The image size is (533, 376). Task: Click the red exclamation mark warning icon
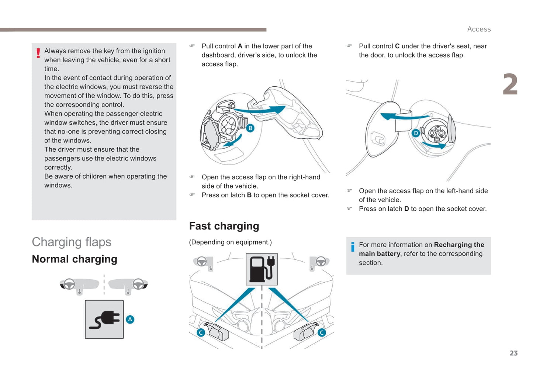pyautogui.click(x=38, y=53)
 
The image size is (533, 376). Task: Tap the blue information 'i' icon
pyautogui.click(x=353, y=246)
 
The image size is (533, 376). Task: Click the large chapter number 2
pyautogui.click(x=510, y=84)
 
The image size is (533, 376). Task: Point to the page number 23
pyautogui.click(x=513, y=353)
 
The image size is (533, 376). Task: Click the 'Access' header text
pyautogui.click(x=479, y=29)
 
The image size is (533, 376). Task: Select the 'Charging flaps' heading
pyautogui.click(x=72, y=242)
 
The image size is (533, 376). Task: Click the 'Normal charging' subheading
pyautogui.click(x=75, y=259)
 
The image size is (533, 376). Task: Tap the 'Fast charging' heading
pyautogui.click(x=224, y=226)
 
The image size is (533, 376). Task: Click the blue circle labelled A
pyautogui.click(x=130, y=320)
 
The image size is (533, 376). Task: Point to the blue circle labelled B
pyautogui.click(x=250, y=128)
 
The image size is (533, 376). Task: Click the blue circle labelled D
pyautogui.click(x=416, y=133)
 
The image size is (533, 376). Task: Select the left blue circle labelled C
pyautogui.click(x=201, y=332)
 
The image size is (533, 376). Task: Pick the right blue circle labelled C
pyautogui.click(x=322, y=332)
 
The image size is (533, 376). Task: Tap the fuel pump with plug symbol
pyautogui.click(x=262, y=269)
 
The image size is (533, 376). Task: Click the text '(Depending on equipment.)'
pyautogui.click(x=230, y=242)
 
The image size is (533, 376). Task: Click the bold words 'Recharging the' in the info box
pyautogui.click(x=459, y=245)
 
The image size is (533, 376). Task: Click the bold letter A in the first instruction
pyautogui.click(x=240, y=46)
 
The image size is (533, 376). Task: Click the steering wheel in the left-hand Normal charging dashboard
pyautogui.click(x=69, y=284)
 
